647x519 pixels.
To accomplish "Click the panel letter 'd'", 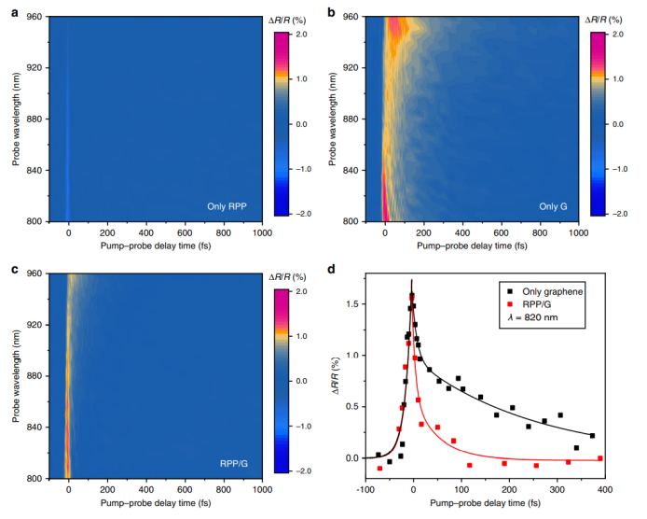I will (x=331, y=271).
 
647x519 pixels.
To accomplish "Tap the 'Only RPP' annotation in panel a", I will (x=227, y=205).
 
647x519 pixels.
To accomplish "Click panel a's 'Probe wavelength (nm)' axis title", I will (x=16, y=119).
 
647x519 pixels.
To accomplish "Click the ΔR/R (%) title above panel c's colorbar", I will (x=289, y=277).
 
